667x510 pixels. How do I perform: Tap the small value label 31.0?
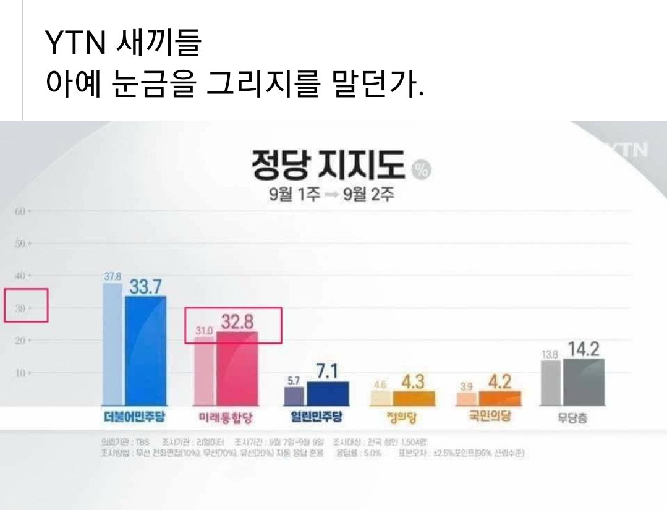point(204,332)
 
